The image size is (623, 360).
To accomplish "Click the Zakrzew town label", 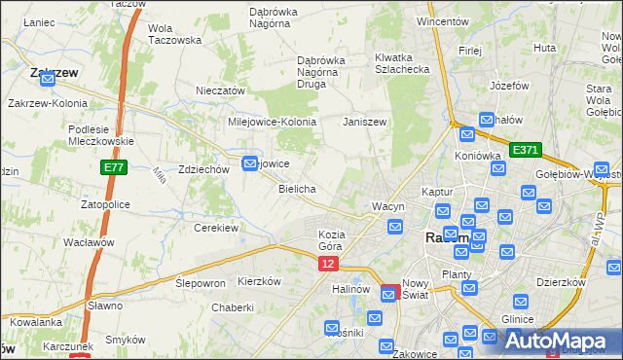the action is [x=55, y=72].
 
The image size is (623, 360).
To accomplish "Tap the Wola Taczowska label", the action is [x=174, y=34].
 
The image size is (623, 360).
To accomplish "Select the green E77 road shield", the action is [x=112, y=168].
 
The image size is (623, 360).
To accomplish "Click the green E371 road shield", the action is [x=525, y=150].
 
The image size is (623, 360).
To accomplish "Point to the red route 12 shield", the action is [x=328, y=264].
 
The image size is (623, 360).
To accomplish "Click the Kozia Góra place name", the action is [x=332, y=241].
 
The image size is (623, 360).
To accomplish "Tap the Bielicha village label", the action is [x=297, y=189].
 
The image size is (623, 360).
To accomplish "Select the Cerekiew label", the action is [x=216, y=228].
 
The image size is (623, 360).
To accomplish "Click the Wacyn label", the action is [x=387, y=207].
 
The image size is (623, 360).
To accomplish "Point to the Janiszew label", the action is [x=365, y=123].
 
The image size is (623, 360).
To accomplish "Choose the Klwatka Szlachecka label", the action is [x=402, y=63].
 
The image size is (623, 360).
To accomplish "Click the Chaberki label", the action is [x=233, y=307].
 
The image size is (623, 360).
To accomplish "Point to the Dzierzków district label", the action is [x=560, y=282].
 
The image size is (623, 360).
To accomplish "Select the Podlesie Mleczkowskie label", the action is [x=101, y=134].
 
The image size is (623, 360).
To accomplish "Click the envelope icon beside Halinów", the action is [x=375, y=315].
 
